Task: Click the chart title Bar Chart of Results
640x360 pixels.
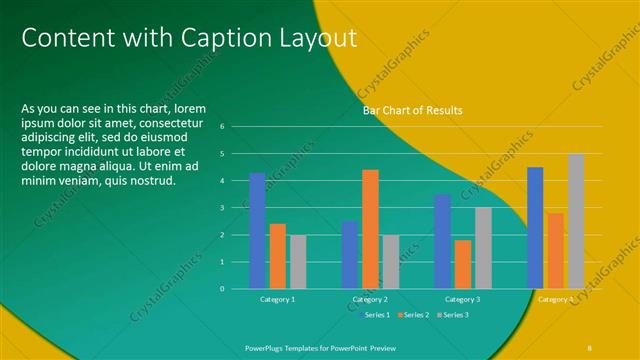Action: [413, 110]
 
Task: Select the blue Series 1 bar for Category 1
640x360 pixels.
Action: [257, 230]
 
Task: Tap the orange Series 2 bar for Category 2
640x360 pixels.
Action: [370, 228]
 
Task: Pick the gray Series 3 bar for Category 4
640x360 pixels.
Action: [576, 221]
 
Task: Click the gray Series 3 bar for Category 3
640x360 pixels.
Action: [483, 247]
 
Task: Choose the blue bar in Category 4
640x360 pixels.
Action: [535, 227]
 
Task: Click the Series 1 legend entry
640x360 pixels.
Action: [374, 315]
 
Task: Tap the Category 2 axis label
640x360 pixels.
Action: [370, 299]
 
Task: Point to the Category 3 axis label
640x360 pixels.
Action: [463, 299]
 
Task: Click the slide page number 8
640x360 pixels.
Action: [590, 345]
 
